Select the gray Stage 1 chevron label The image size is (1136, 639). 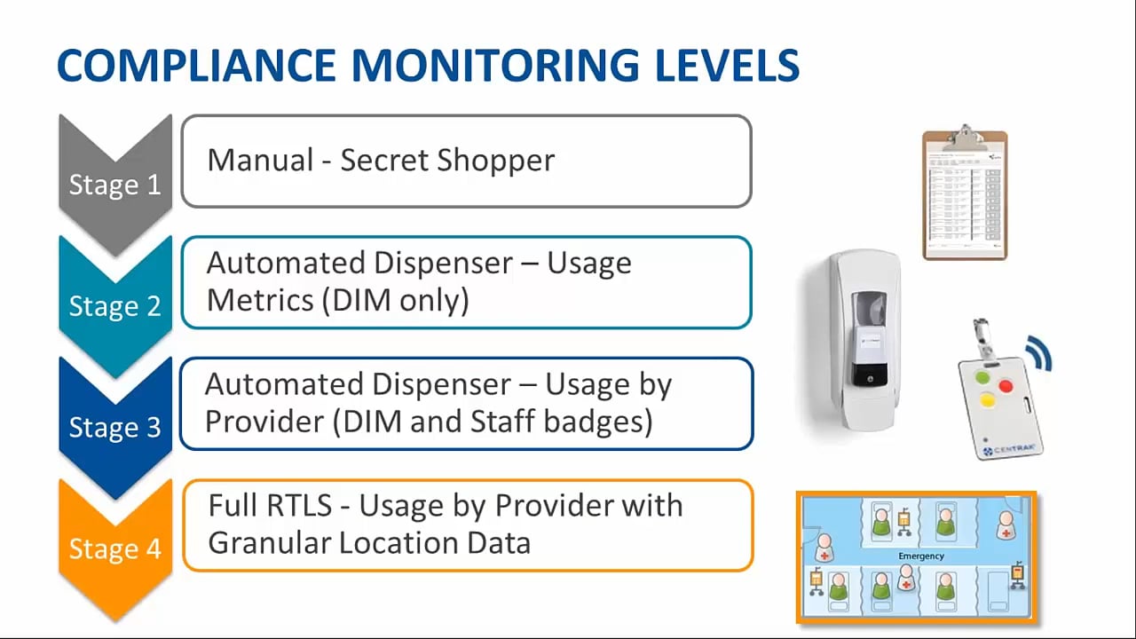point(114,185)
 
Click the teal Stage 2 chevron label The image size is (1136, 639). point(114,306)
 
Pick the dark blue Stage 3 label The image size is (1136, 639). point(114,427)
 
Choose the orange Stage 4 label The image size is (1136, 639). point(114,548)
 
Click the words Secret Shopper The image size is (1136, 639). point(447,161)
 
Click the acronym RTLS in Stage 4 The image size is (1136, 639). point(300,506)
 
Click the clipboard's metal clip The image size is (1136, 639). point(965,137)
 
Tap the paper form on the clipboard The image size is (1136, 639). point(964,200)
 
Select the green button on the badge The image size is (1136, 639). point(982,377)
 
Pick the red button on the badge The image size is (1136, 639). point(1006,386)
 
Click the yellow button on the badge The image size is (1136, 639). point(986,401)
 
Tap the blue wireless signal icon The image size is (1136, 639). point(1038,353)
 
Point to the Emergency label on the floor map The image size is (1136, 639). point(920,556)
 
